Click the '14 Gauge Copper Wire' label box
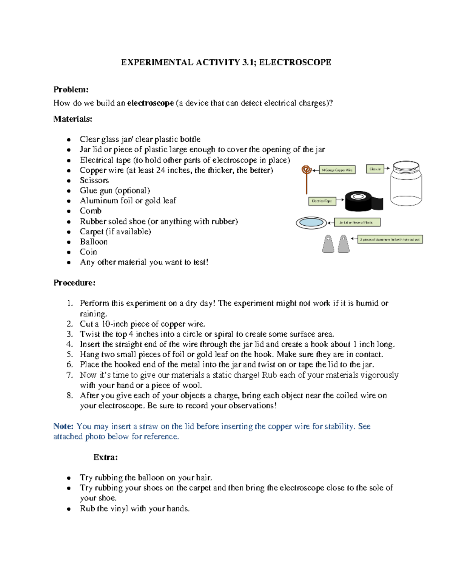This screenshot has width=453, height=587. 337,170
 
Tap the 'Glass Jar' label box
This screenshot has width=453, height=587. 375,169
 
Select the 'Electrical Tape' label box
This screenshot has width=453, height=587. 322,201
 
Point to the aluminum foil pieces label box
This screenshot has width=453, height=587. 390,239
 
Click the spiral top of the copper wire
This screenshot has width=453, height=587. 307,170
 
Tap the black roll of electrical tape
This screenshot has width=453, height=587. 363,201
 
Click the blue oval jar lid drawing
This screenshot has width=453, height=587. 311,223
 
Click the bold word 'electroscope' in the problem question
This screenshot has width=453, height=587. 150,103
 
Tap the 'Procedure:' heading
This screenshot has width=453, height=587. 74,283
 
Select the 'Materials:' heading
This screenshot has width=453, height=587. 72,119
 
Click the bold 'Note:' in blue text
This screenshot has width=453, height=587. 63,426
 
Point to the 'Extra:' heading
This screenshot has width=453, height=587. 106,457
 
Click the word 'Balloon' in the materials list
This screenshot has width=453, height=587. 94,242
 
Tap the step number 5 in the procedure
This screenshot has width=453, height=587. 69,355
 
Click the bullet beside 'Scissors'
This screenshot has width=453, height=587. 69,181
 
